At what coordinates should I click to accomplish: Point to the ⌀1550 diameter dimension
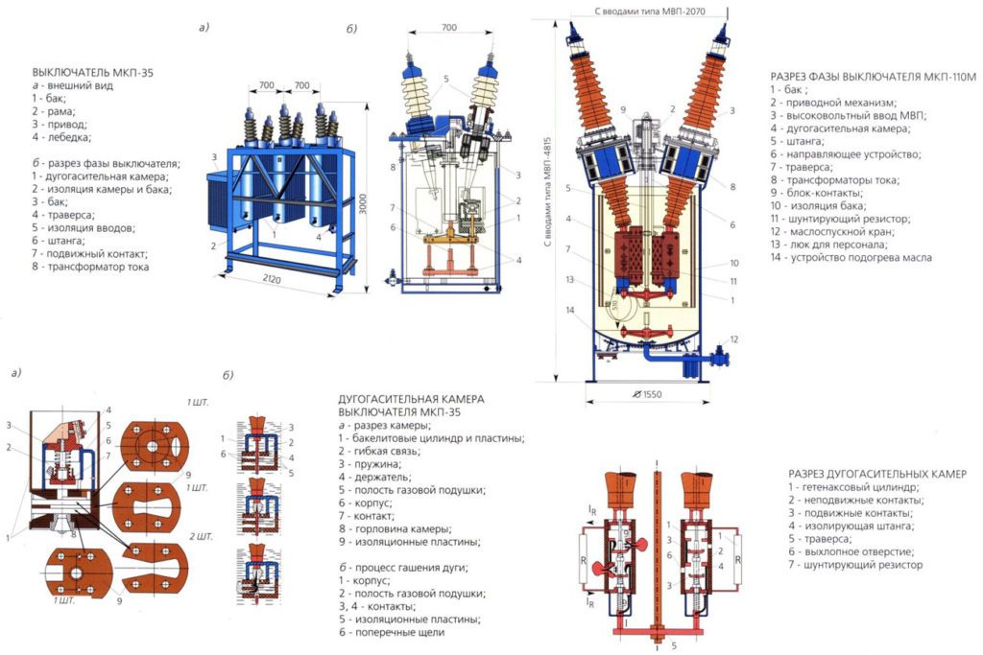click(648, 394)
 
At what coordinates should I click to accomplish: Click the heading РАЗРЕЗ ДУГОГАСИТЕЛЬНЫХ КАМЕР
click(876, 474)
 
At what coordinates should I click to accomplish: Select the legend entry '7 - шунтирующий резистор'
click(855, 565)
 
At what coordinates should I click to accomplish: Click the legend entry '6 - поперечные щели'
click(392, 633)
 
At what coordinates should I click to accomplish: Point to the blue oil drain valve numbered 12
click(689, 363)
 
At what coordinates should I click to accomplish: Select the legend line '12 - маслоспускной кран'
click(836, 231)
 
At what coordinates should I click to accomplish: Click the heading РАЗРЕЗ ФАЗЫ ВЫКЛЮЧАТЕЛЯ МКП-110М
click(873, 76)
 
